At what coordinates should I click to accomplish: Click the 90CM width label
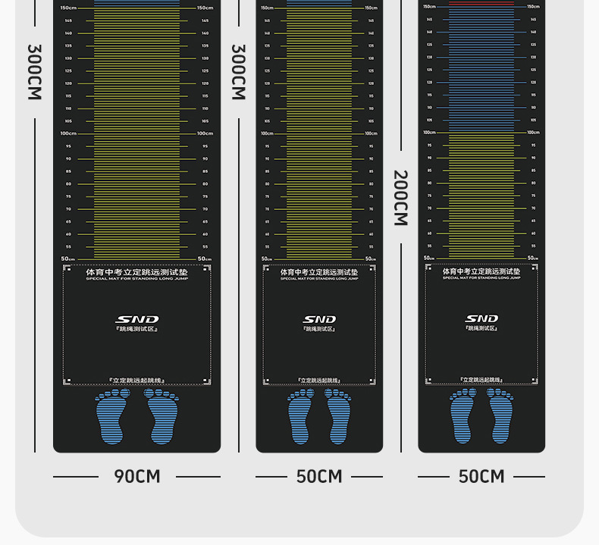[137, 477]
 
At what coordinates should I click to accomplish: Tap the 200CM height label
[400, 198]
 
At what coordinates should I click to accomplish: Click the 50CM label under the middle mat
[319, 477]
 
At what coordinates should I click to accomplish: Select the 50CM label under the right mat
[481, 477]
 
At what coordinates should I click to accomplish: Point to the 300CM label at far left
[34, 72]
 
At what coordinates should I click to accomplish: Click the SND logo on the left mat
[137, 319]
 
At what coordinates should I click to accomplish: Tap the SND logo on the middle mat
[319, 319]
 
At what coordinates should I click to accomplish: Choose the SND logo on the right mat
[481, 318]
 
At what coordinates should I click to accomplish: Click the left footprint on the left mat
[112, 416]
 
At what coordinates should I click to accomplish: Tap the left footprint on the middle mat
[301, 416]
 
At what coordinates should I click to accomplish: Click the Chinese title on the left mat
[137, 271]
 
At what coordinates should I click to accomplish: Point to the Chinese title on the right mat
[481, 271]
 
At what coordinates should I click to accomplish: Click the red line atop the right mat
[481, 3]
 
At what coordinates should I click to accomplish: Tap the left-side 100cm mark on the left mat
[69, 133]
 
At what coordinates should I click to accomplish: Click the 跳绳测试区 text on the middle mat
[319, 329]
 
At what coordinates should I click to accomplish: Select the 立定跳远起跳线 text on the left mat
[137, 381]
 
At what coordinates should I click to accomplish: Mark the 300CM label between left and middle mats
[238, 72]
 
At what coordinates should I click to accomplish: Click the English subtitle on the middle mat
[319, 279]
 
